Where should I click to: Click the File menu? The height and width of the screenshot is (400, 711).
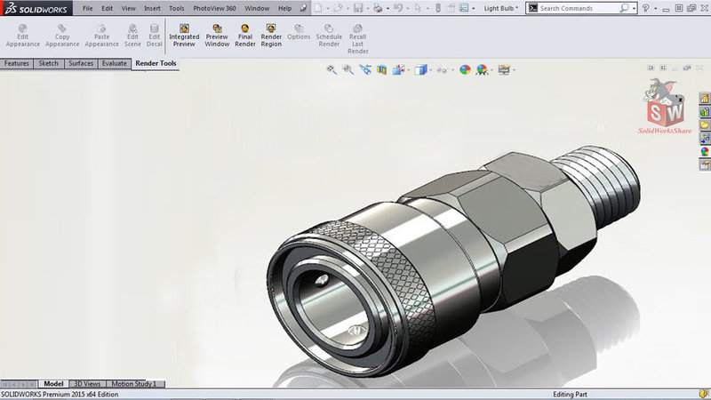(x=87, y=8)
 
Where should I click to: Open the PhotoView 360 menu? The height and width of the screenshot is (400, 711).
(x=214, y=8)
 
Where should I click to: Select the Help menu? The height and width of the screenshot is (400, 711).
(x=284, y=8)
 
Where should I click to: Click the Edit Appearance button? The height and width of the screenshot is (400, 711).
(x=22, y=36)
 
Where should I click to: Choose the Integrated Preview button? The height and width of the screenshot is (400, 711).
(x=184, y=36)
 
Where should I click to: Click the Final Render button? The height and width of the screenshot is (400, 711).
(x=245, y=36)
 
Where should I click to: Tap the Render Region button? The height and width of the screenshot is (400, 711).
(x=271, y=36)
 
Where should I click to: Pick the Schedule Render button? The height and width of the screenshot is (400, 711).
(x=329, y=36)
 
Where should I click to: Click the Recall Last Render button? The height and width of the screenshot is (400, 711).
(x=357, y=39)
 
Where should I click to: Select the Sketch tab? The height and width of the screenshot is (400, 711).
(x=48, y=64)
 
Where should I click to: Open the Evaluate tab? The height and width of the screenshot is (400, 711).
(x=114, y=64)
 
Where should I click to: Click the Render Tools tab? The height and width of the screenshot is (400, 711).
(x=156, y=64)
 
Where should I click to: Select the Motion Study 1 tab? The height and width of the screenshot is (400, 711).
(x=134, y=384)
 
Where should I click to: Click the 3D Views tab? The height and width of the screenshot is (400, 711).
(x=86, y=384)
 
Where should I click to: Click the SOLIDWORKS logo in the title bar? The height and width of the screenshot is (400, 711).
(x=31, y=8)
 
